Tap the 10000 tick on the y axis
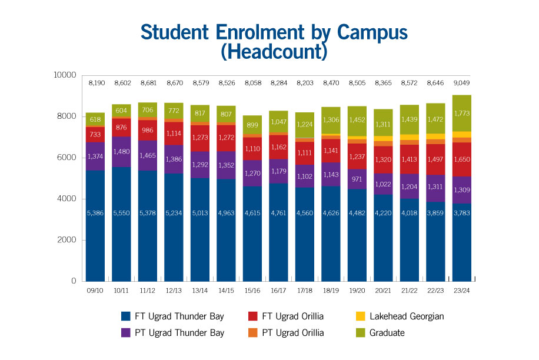(65, 75)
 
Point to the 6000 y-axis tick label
(67, 158)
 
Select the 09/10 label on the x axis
(95, 291)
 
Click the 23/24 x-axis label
(461, 291)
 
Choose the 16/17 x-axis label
(279, 291)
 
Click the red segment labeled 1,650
(461, 159)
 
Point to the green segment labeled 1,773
(461, 113)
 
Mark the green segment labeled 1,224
(305, 125)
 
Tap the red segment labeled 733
(95, 134)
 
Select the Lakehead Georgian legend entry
(406, 316)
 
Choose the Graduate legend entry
(387, 333)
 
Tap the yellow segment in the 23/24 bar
(461, 135)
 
